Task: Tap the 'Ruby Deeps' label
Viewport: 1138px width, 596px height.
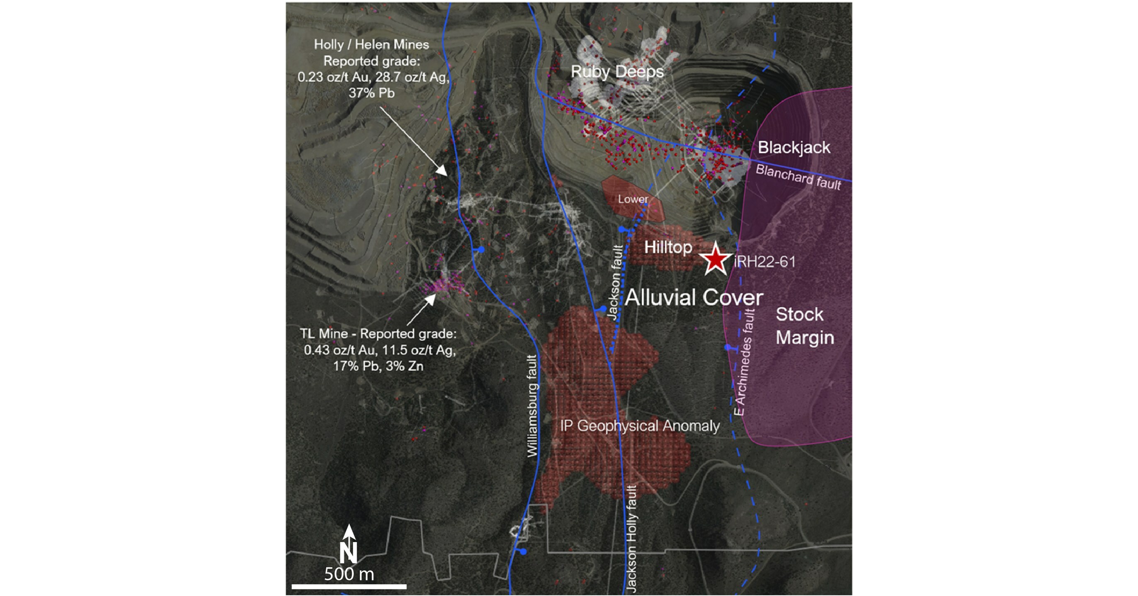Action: point(617,72)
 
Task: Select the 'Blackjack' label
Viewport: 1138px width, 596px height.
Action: point(794,148)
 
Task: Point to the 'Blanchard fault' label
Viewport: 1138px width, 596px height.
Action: point(798,177)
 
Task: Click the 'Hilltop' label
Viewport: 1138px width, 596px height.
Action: point(668,248)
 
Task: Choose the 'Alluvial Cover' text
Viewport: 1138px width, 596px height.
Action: point(694,297)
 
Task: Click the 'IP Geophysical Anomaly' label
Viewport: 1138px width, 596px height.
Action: point(640,426)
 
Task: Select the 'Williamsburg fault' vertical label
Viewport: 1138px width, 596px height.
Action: point(533,406)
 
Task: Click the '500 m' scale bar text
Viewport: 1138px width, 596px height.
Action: point(349,574)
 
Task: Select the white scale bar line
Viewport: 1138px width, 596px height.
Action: point(349,587)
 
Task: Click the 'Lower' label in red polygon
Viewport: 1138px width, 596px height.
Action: point(633,199)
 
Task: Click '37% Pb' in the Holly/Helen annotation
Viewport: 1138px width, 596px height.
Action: point(371,93)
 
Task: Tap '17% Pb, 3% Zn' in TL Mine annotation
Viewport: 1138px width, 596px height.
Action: point(378,366)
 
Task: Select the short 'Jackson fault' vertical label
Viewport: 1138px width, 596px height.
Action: point(615,283)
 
